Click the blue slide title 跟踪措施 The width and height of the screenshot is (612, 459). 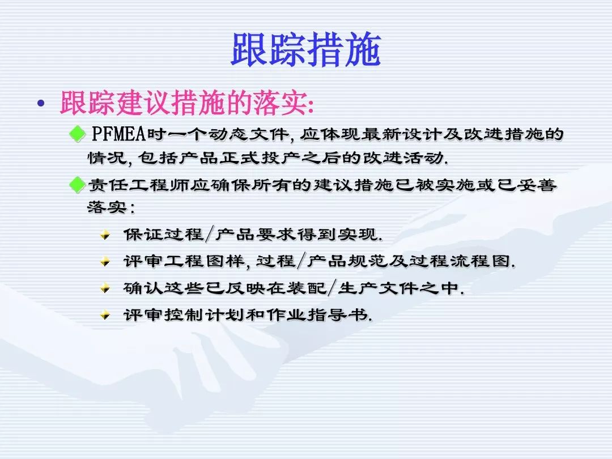pos(306,49)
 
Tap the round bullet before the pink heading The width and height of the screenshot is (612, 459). pos(41,104)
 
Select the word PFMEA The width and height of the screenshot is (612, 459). pos(118,134)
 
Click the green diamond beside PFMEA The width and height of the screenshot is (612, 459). pos(77,134)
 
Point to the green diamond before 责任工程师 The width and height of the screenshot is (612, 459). pos(77,185)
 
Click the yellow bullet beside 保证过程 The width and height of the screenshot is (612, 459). pos(105,235)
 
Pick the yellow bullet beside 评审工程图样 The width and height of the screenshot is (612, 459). pos(105,261)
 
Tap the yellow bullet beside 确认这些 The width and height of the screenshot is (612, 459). pos(105,288)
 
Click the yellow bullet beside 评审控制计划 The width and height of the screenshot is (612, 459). pos(105,315)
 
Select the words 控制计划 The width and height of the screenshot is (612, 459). pos(205,314)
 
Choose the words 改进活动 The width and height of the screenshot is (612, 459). pos(404,158)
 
